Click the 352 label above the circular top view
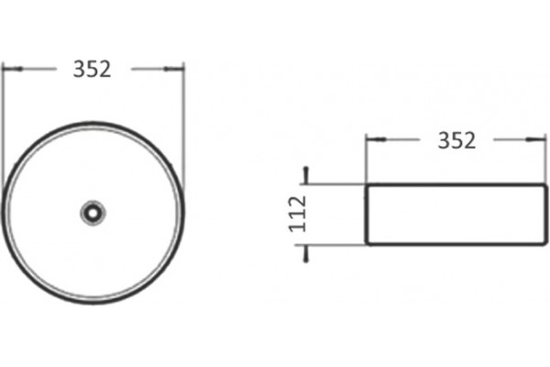tap(92, 69)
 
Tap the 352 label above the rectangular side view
tap(456, 140)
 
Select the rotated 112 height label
tap(298, 214)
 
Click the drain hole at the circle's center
tap(93, 213)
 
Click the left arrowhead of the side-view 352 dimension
tap(376, 139)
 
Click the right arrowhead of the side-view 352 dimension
tap(536, 139)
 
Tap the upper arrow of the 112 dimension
tap(306, 175)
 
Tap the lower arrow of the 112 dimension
tap(306, 253)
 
